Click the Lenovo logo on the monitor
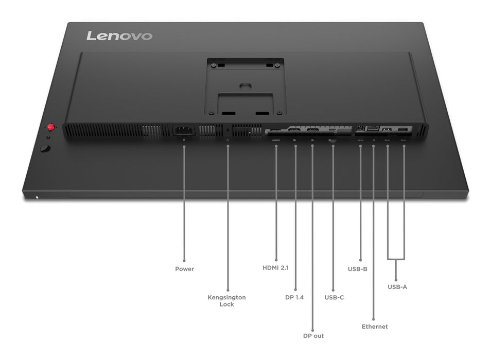pyautogui.click(x=119, y=36)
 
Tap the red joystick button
pyautogui.click(x=51, y=127)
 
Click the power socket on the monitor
pyautogui.click(x=184, y=131)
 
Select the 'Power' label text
pyautogui.click(x=184, y=269)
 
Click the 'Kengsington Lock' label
pyautogui.click(x=226, y=301)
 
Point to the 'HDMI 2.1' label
pyautogui.click(x=276, y=267)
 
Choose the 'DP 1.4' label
pyautogui.click(x=295, y=297)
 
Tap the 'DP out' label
pyautogui.click(x=313, y=336)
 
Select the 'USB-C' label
pyautogui.click(x=334, y=297)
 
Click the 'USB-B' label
pyautogui.click(x=357, y=268)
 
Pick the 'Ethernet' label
pyautogui.click(x=374, y=327)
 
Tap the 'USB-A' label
pyautogui.click(x=397, y=286)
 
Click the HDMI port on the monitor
pyautogui.click(x=276, y=131)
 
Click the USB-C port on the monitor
pyautogui.click(x=331, y=131)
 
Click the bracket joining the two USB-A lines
pyautogui.click(x=395, y=259)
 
